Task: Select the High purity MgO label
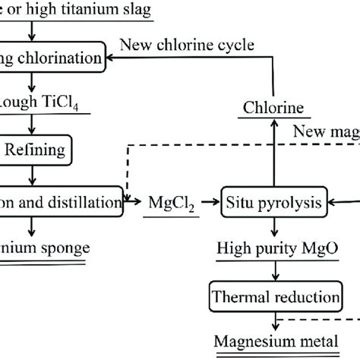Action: [273, 248]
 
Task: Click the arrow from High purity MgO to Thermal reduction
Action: [273, 268]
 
